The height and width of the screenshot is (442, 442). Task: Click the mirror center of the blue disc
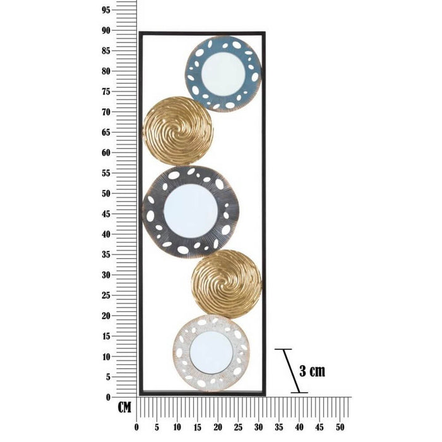click(x=223, y=74)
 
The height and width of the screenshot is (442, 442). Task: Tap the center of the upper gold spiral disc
click(x=177, y=131)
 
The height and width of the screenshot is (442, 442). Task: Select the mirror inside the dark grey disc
click(x=191, y=211)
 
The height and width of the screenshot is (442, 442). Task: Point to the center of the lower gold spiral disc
click(x=226, y=284)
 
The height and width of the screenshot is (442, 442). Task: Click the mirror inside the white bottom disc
click(x=212, y=352)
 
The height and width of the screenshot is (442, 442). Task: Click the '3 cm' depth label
click(x=312, y=371)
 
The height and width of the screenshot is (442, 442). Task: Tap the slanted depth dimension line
click(x=291, y=371)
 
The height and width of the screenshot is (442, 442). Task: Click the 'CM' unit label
click(x=124, y=407)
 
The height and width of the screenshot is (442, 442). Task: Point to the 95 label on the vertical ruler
click(x=106, y=10)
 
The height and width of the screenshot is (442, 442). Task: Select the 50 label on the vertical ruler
click(x=106, y=194)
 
